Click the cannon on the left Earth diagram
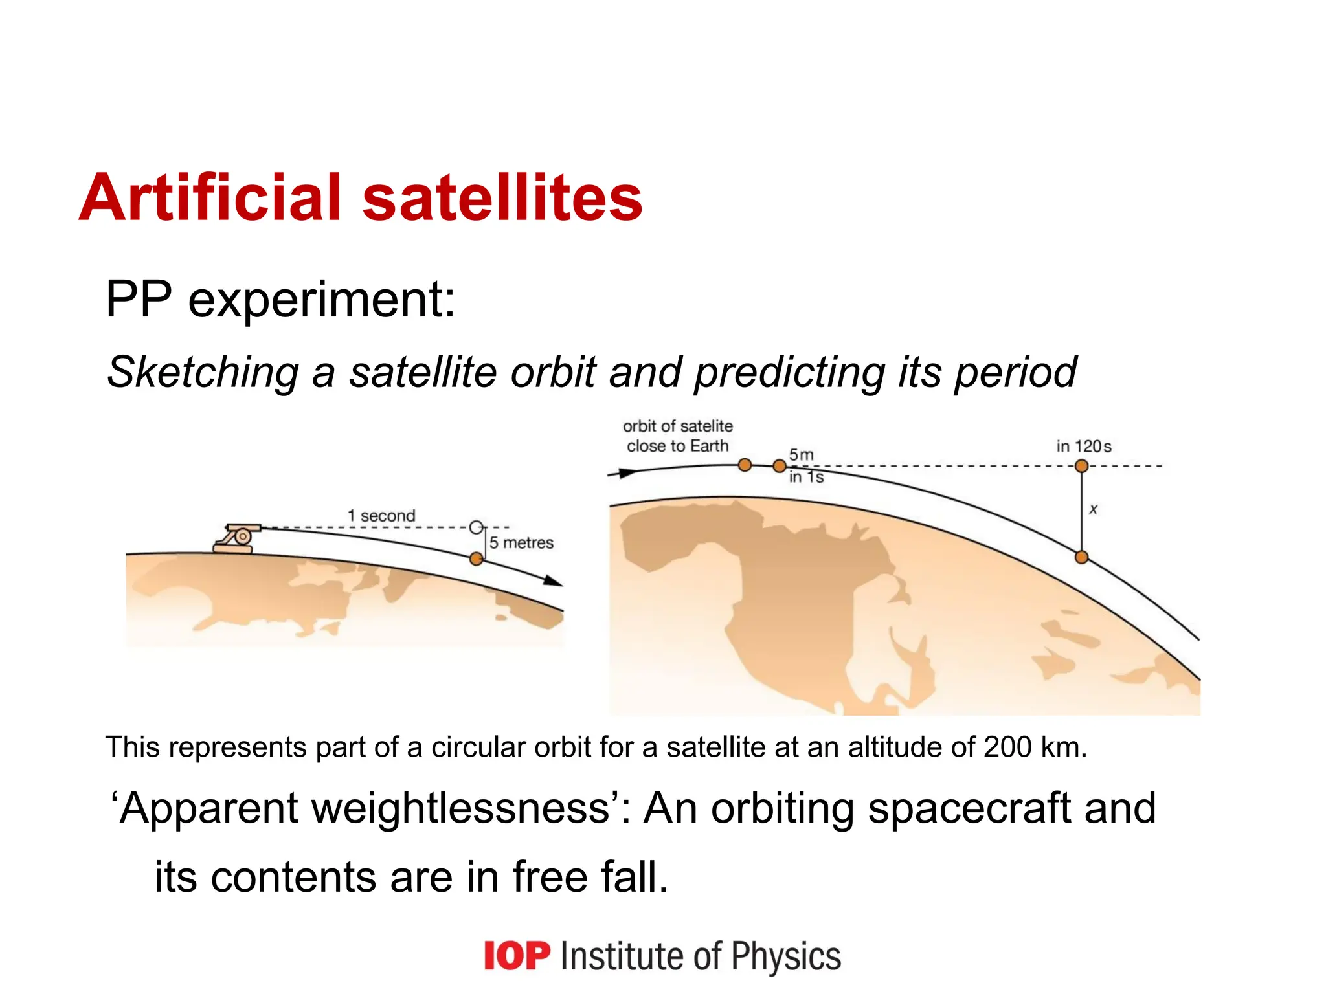[x=237, y=538]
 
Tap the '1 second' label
[x=381, y=516]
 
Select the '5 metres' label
[x=521, y=543]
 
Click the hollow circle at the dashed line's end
[x=476, y=527]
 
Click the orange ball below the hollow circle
[x=476, y=558]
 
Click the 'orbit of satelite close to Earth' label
[x=677, y=436]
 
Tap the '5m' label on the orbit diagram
[x=801, y=454]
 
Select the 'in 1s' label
[x=806, y=478]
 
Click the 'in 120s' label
[x=1083, y=447]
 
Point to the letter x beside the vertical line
[x=1093, y=509]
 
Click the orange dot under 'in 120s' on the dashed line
[x=1081, y=466]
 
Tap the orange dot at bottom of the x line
[x=1081, y=557]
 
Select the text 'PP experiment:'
[x=280, y=300]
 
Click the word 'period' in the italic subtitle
[x=1015, y=373]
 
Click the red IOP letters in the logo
[x=517, y=956]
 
